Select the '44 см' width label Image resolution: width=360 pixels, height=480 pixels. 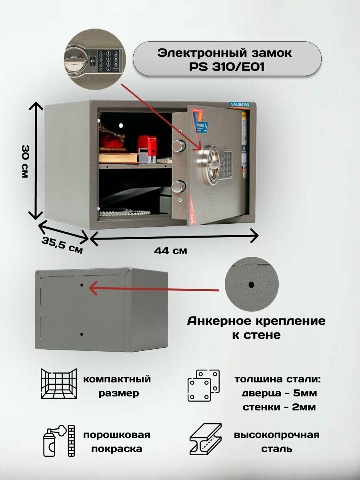tap(170, 251)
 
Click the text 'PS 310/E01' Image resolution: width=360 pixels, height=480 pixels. tap(227, 67)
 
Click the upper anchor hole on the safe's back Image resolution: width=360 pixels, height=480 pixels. tap(82, 286)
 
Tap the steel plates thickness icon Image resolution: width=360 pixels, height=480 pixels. tap(204, 385)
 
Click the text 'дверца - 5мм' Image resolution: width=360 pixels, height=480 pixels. tap(279, 394)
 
